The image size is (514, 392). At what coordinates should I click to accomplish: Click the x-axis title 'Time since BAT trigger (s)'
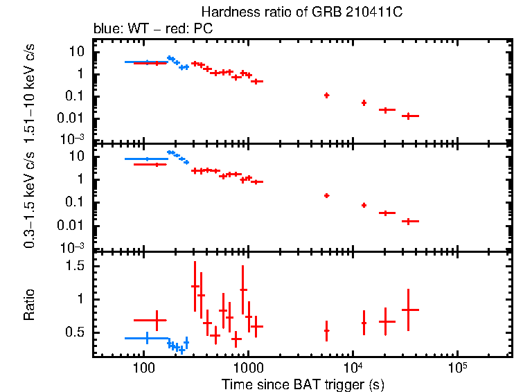coord(303,384)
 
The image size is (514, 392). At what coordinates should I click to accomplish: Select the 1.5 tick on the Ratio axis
coord(77,266)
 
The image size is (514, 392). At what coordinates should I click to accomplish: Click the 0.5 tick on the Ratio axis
coord(77,332)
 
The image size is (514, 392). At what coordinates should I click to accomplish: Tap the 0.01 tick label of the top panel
coord(74,117)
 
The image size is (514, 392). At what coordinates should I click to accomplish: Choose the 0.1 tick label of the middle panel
coord(77,202)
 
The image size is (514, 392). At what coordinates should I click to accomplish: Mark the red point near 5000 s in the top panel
coord(326,95)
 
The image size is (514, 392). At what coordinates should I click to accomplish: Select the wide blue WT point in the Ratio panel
coord(146,338)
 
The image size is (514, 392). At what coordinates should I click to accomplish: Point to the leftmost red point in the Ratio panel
coord(157,320)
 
